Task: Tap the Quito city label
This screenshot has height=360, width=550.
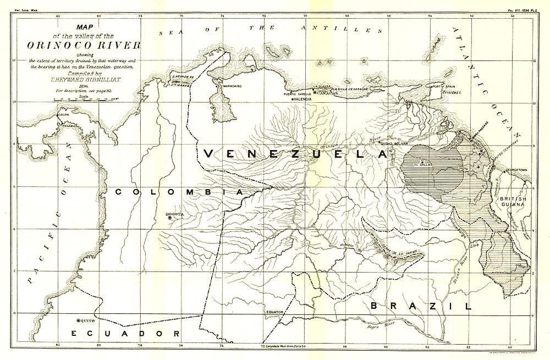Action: (x=88, y=320)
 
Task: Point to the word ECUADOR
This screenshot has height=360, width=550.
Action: (x=125, y=334)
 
